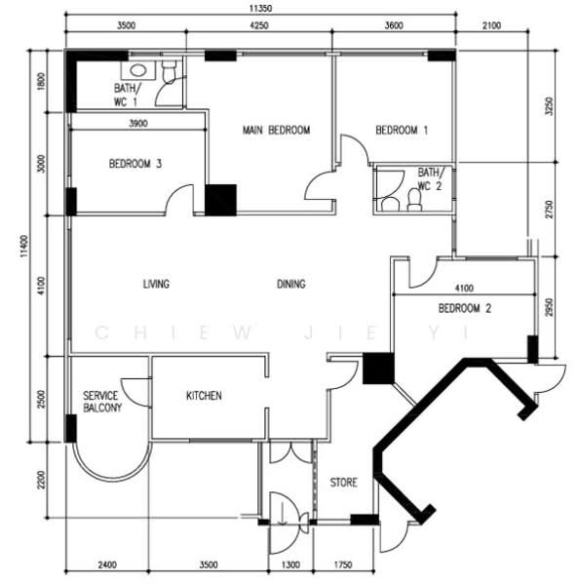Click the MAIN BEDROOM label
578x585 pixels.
(x=276, y=130)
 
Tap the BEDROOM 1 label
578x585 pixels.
(x=402, y=130)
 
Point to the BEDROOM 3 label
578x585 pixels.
(x=135, y=165)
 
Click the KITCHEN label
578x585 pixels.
(x=204, y=396)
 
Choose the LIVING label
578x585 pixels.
(x=156, y=285)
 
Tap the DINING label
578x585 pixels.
(x=290, y=285)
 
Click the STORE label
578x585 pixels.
(x=343, y=482)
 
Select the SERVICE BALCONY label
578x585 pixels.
(x=100, y=402)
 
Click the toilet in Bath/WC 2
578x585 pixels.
(x=412, y=201)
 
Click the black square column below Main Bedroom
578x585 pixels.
(x=220, y=199)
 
